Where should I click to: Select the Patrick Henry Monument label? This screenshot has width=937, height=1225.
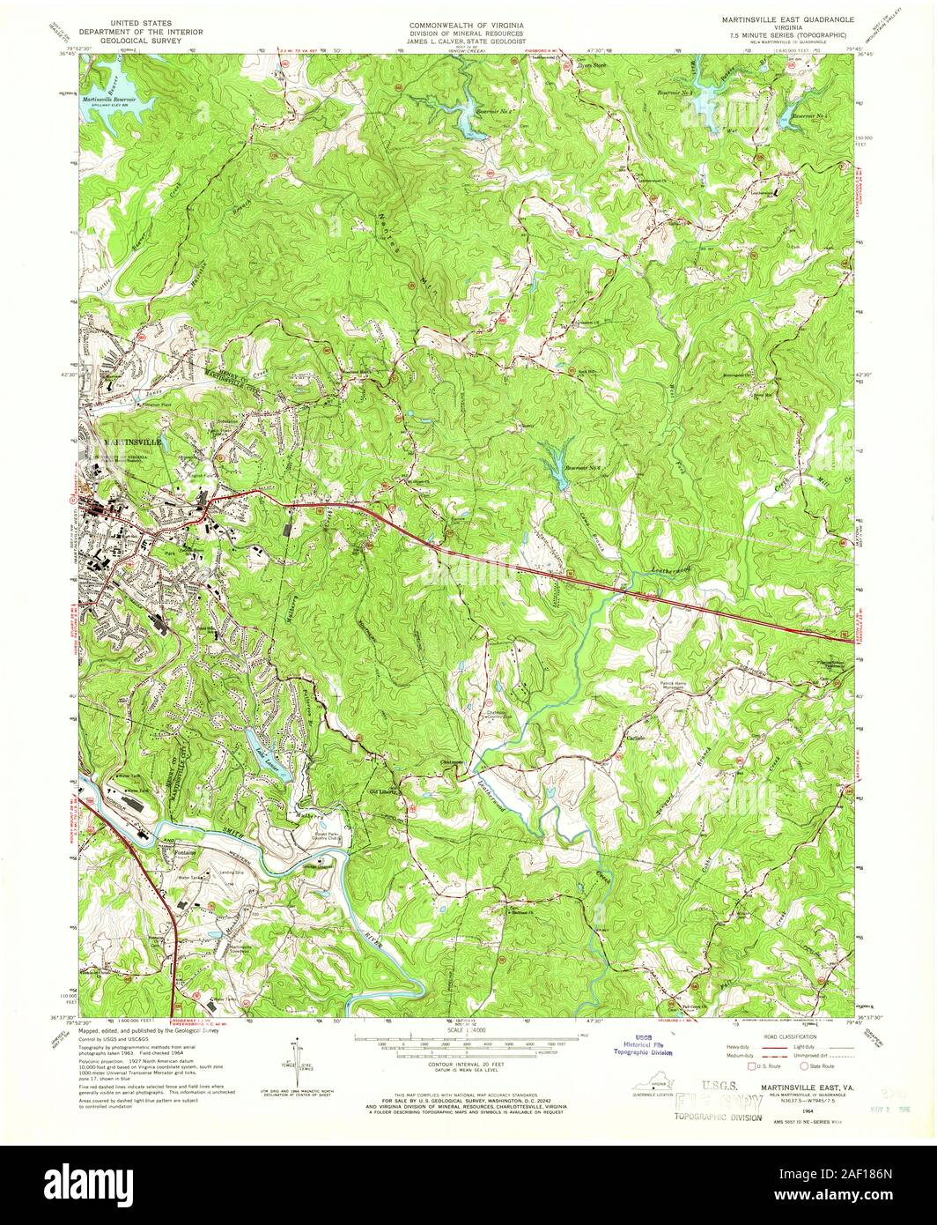[681, 686]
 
